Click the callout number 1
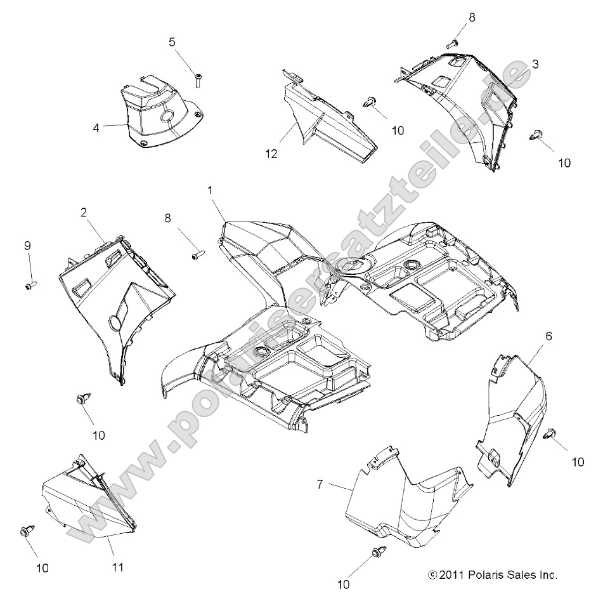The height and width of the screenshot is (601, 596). click(x=210, y=190)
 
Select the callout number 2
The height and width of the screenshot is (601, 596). click(x=84, y=213)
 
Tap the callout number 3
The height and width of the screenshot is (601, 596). click(x=535, y=64)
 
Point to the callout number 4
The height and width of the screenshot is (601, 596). click(x=96, y=128)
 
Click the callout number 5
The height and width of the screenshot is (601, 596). click(x=172, y=43)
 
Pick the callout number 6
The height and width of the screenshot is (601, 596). click(x=548, y=336)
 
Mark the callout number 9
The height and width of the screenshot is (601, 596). click(x=27, y=245)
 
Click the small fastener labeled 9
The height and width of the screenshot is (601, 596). click(x=30, y=286)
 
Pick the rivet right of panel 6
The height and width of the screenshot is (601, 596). click(x=552, y=433)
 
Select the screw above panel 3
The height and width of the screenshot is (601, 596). click(x=453, y=44)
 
